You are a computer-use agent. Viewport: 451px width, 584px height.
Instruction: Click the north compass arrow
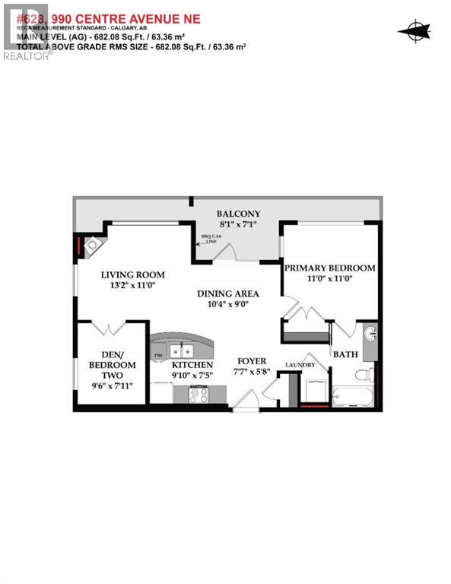tap(414, 31)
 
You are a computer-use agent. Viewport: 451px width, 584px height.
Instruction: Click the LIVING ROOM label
tap(133, 275)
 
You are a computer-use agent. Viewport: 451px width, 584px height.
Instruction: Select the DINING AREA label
tap(227, 294)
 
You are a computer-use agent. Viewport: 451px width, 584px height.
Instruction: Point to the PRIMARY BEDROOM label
tap(329, 268)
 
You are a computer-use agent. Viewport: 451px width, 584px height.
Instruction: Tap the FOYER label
tap(251, 360)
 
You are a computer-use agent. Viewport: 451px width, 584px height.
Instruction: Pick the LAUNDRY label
tap(300, 366)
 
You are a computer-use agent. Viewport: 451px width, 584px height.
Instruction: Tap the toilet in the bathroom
tap(364, 374)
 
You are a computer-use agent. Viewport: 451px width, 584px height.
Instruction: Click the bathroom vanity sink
tap(369, 335)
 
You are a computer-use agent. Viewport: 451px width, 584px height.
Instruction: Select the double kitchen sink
tap(181, 351)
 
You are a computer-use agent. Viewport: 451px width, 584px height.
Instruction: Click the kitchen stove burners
tap(199, 395)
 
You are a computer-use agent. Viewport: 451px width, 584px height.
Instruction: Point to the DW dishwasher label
tap(158, 355)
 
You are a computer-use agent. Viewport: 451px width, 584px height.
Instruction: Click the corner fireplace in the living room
tap(94, 246)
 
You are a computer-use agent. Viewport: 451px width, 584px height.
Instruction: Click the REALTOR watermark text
tap(27, 56)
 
